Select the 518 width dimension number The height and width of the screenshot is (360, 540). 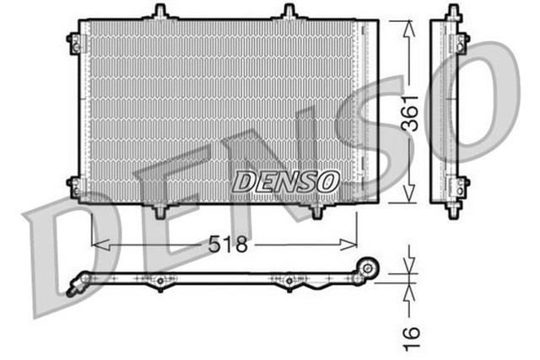(x=229, y=244)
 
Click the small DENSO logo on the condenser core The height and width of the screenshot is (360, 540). (x=285, y=180)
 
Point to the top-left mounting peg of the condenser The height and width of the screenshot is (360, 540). (x=158, y=12)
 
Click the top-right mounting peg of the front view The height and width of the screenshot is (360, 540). (x=289, y=12)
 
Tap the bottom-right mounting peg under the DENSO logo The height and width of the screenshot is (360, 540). (x=317, y=211)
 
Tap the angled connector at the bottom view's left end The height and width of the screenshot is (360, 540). (x=75, y=286)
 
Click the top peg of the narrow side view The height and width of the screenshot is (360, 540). (x=453, y=12)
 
